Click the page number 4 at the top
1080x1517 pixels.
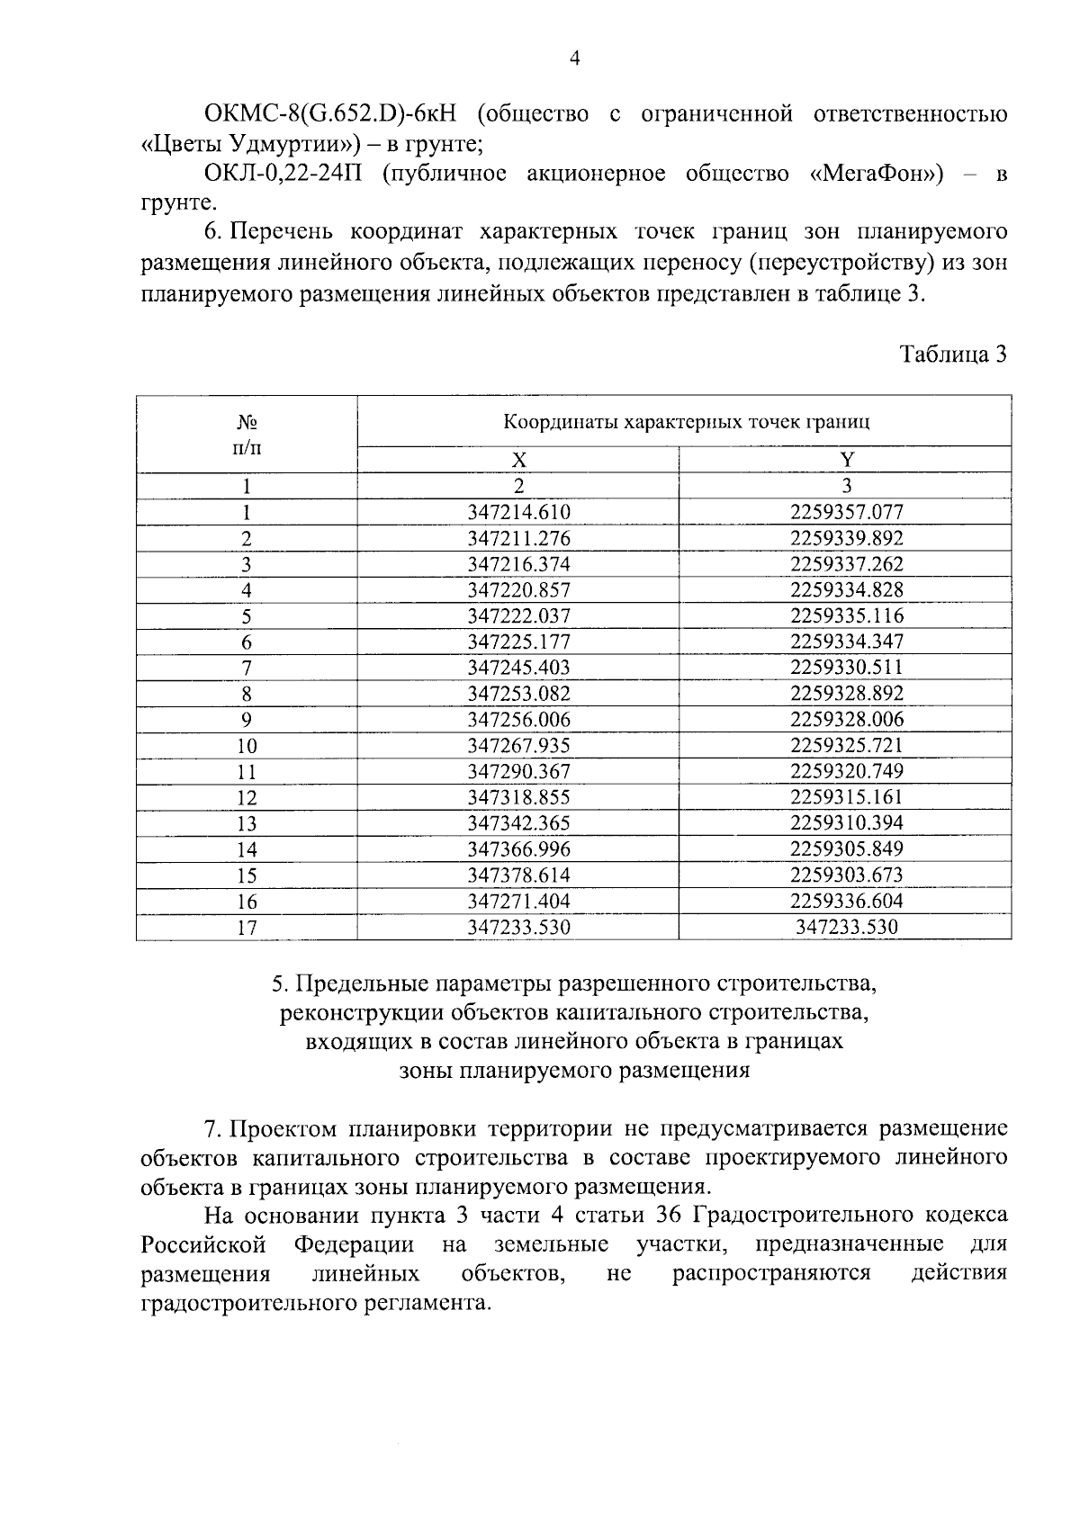[x=575, y=58]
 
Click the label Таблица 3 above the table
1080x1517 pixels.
[x=953, y=354]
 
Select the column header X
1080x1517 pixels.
[x=518, y=460]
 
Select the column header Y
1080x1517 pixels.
[x=846, y=460]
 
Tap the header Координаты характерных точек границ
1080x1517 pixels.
[x=686, y=421]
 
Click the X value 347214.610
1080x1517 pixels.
[x=519, y=513]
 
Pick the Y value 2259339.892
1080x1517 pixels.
[x=846, y=539]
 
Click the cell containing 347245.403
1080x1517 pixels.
[x=519, y=668]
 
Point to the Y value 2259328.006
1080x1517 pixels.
[x=846, y=720]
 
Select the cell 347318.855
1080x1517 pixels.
[x=519, y=797]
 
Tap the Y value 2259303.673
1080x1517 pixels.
[x=846, y=875]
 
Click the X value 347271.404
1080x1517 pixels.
[x=519, y=902]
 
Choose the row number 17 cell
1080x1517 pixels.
[x=247, y=928]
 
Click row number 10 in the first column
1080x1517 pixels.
[x=247, y=746]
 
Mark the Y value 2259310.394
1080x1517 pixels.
[x=846, y=823]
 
